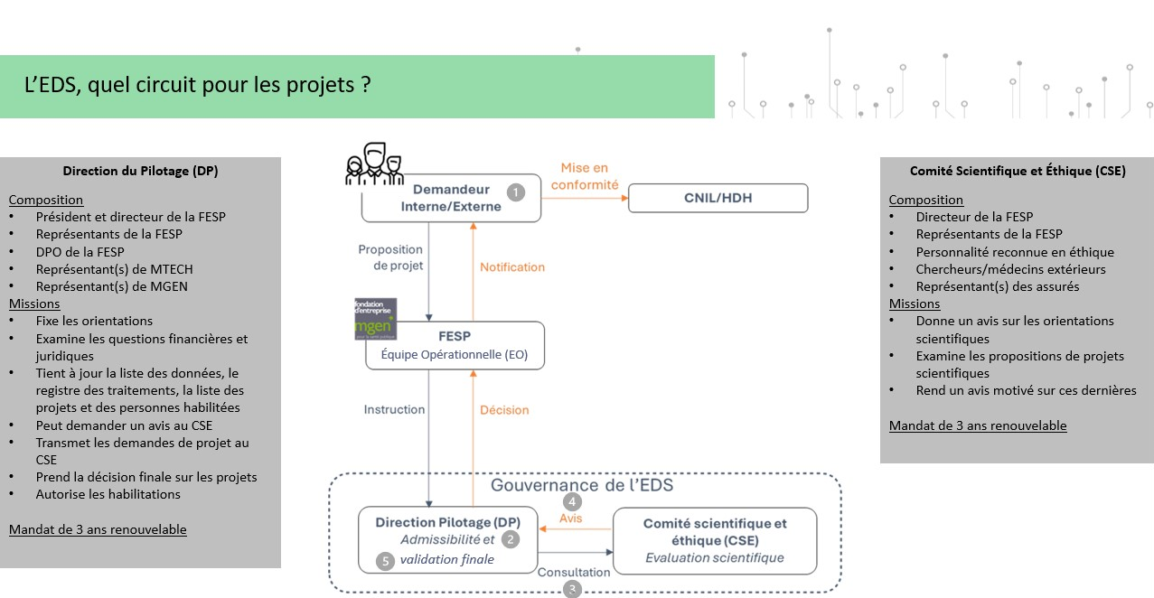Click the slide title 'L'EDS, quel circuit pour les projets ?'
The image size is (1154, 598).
[198, 86]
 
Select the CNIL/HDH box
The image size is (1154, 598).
[718, 198]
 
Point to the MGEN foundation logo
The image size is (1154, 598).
[375, 318]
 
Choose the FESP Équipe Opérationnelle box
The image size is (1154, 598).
[455, 346]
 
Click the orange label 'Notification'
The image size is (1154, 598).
[512, 267]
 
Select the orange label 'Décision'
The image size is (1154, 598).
[504, 410]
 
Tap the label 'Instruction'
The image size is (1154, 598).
[394, 410]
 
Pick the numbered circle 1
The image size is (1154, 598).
[516, 192]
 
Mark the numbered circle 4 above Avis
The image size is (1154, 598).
[571, 501]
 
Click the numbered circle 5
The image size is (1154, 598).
[386, 561]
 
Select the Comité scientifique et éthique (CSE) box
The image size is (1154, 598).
[715, 540]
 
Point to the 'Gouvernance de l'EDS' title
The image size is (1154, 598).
[581, 485]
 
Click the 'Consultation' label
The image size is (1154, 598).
[574, 572]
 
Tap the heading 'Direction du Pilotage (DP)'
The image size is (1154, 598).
[140, 171]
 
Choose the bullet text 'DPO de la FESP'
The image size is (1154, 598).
[80, 252]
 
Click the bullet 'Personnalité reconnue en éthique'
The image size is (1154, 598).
[1015, 252]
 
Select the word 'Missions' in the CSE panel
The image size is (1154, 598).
[914, 304]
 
